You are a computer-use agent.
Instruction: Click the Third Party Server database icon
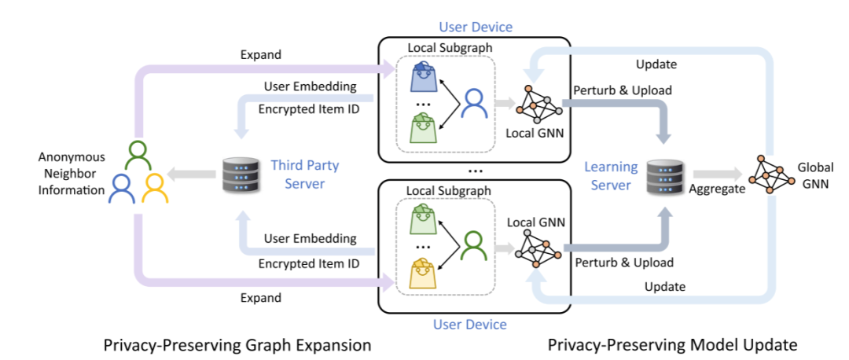click(x=239, y=174)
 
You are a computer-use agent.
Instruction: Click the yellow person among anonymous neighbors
click(x=154, y=186)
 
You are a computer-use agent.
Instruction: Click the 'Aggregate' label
click(x=717, y=189)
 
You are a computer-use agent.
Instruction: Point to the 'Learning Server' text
click(x=610, y=176)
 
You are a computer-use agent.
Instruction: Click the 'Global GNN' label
click(x=815, y=174)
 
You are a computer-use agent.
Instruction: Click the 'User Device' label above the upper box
click(x=475, y=28)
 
